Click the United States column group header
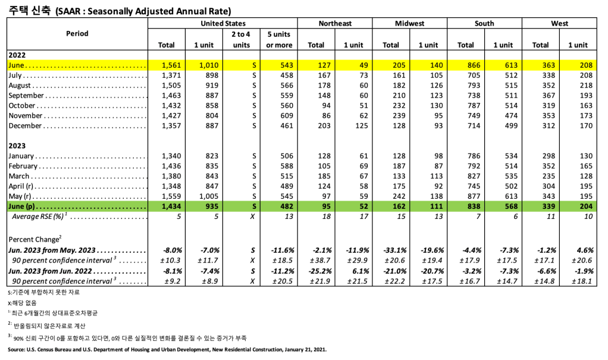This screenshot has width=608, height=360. tap(223, 23)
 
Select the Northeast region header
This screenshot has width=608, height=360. tap(335, 23)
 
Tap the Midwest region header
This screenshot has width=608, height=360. tap(409, 23)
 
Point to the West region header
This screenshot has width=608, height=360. tap(559, 23)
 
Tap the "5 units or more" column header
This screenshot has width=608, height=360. tap(279, 39)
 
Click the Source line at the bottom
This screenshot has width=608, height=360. tap(167, 350)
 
